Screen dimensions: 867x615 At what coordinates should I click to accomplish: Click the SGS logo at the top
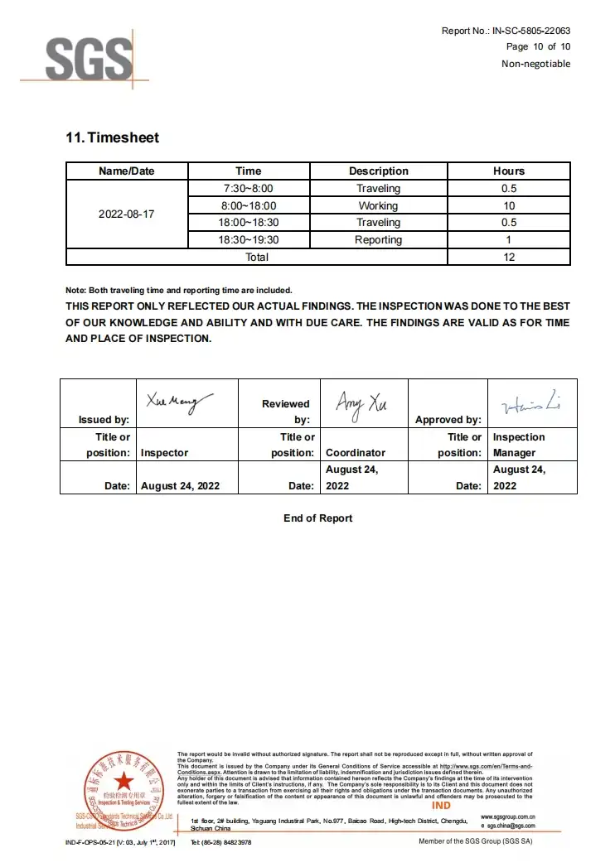pos(87,58)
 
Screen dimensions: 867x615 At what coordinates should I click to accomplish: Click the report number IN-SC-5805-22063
pos(531,31)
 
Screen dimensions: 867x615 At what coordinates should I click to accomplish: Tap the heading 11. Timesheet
pos(112,137)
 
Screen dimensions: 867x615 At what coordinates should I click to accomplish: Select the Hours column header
pos(509,171)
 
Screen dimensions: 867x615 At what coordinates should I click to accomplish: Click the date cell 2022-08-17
pos(127,214)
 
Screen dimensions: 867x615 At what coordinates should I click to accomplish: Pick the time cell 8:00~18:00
pos(249,205)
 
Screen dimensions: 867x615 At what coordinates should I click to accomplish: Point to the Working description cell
pos(378,205)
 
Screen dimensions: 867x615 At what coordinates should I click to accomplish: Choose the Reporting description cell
pos(378,240)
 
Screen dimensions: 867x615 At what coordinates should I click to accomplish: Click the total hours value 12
pos(509,257)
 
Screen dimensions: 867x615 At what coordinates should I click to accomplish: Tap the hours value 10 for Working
pos(509,205)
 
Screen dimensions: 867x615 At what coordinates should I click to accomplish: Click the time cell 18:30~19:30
pos(249,240)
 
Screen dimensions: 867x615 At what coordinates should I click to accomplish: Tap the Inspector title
pos(164,453)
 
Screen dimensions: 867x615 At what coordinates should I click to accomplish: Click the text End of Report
pos(317,518)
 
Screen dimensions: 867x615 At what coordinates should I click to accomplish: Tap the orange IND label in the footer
pos(441,806)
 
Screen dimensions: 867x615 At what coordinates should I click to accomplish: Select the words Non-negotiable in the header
pos(535,64)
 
